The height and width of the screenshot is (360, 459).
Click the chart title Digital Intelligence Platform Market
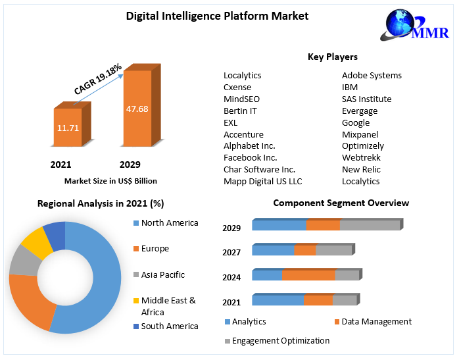click(x=217, y=16)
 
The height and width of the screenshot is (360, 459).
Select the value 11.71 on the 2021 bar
click(x=68, y=127)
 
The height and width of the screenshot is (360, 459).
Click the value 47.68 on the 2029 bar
click(x=137, y=109)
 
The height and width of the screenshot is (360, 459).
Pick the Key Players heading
click(x=332, y=57)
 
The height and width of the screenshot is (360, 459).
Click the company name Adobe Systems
click(x=372, y=75)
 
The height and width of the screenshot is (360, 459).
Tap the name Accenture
click(x=243, y=134)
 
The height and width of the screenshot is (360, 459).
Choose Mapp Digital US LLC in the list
click(x=262, y=181)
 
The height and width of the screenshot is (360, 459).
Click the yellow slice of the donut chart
click(x=36, y=244)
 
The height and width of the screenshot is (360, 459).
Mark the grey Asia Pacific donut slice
click(x=24, y=261)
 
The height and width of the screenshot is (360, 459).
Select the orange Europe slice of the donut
click(x=30, y=303)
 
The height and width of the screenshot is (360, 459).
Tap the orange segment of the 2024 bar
click(x=308, y=275)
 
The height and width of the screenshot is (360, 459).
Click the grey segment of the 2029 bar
click(x=370, y=225)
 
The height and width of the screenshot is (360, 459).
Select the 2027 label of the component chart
click(x=231, y=252)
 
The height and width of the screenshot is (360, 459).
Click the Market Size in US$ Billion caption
click(x=110, y=180)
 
